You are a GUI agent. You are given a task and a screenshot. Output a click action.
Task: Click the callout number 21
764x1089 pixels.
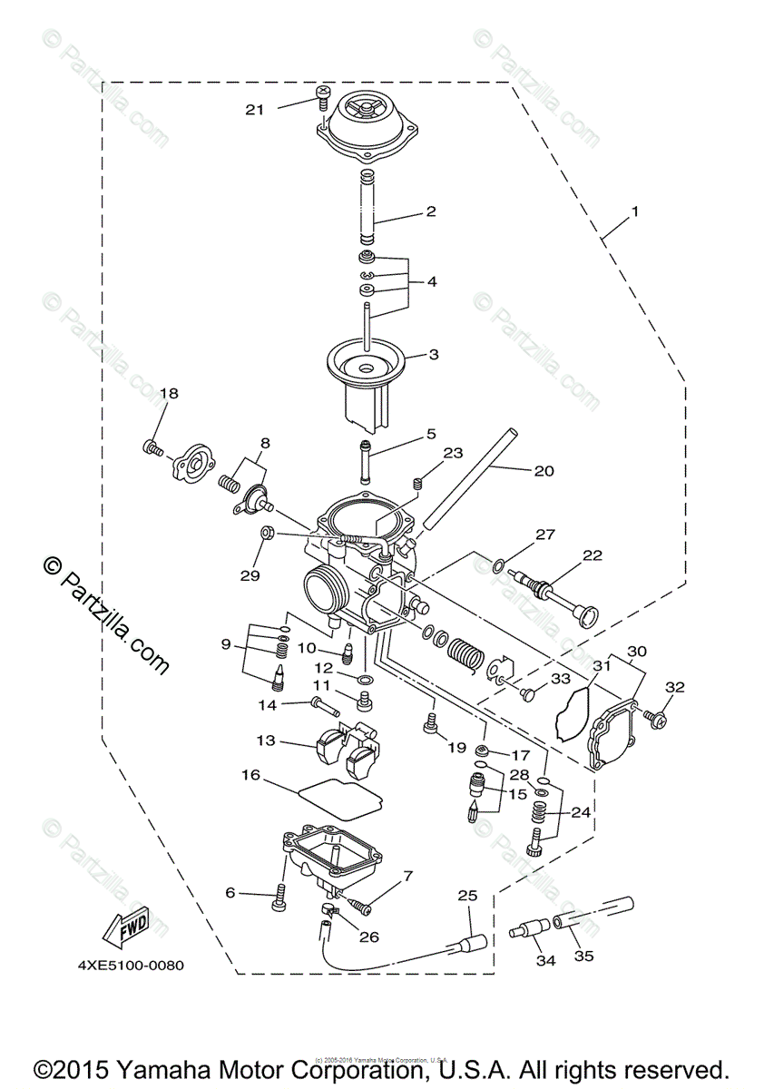click(255, 110)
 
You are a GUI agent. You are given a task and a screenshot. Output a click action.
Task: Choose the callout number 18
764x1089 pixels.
click(169, 394)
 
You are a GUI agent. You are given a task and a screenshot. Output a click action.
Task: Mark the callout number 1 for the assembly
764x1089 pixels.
click(635, 211)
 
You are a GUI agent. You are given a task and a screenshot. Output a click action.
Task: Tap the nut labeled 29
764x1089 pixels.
click(269, 533)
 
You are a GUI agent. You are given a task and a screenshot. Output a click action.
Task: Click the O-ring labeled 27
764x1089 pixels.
click(498, 566)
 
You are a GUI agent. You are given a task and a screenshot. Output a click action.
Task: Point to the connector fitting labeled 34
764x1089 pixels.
click(527, 931)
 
